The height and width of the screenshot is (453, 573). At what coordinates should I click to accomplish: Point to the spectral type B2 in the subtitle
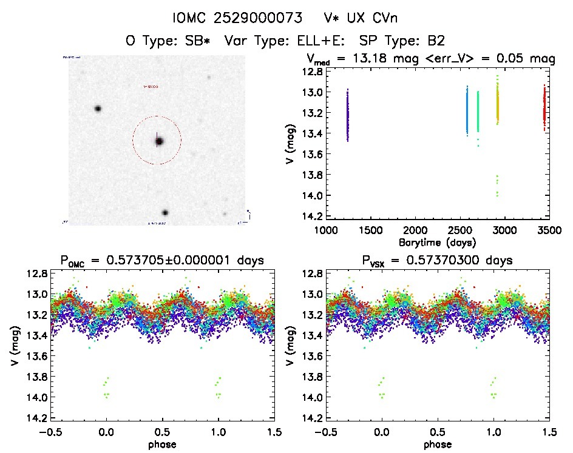point(436,41)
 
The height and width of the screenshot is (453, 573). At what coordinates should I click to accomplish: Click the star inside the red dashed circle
point(159,141)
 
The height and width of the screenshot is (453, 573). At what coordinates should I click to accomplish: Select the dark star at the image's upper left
point(97,109)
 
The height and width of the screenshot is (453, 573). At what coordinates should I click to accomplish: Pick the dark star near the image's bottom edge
point(164,213)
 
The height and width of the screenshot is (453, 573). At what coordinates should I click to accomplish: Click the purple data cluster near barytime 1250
point(348,115)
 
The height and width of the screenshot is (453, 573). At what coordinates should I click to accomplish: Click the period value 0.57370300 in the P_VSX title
point(423,261)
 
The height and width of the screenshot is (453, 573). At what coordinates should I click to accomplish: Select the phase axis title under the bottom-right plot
point(437,445)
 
